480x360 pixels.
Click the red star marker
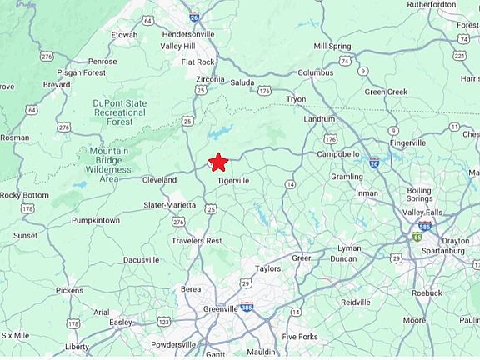tap(217, 162)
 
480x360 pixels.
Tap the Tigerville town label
tap(233, 180)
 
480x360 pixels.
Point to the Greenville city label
tap(221, 308)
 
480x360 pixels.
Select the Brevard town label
tap(57, 85)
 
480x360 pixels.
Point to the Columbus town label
tap(315, 72)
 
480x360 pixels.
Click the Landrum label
tap(319, 118)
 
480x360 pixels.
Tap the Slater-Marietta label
tap(169, 205)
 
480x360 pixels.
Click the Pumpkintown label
tap(96, 220)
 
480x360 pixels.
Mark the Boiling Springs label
tap(419, 195)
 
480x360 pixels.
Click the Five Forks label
tap(300, 337)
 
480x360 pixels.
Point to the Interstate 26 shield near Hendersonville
tap(193, 16)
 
